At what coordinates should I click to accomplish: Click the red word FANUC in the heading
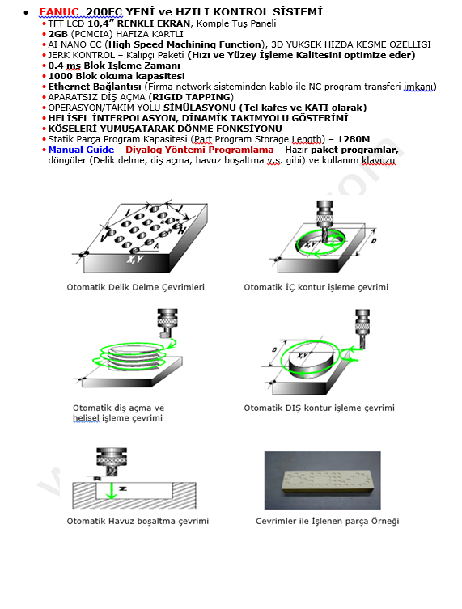coord(59,12)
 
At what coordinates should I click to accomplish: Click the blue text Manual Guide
coord(81,150)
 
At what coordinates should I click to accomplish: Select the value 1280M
coord(354,139)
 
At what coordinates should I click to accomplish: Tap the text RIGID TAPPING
coord(192,97)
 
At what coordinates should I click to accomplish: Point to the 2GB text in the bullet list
coord(58,34)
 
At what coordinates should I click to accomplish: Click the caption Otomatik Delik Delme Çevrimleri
coord(136,287)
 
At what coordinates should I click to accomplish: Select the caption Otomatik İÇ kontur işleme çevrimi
coord(316,287)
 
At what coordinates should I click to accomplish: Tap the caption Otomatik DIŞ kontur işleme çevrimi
coord(319,408)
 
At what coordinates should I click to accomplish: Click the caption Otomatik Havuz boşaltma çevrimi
coord(138,521)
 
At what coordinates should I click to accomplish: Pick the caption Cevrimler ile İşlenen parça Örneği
coord(327,521)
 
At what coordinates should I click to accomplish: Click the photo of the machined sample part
coord(323,480)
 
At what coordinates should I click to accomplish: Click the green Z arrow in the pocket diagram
coord(112,491)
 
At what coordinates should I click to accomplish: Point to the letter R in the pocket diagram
coord(98,479)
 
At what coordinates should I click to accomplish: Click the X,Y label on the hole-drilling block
coord(134,259)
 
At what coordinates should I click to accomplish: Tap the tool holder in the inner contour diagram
coord(324,214)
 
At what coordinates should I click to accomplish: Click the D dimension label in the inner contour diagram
coord(374,241)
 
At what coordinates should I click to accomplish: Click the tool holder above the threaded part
coord(167,323)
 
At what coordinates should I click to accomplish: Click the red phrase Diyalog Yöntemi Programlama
coord(199,150)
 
